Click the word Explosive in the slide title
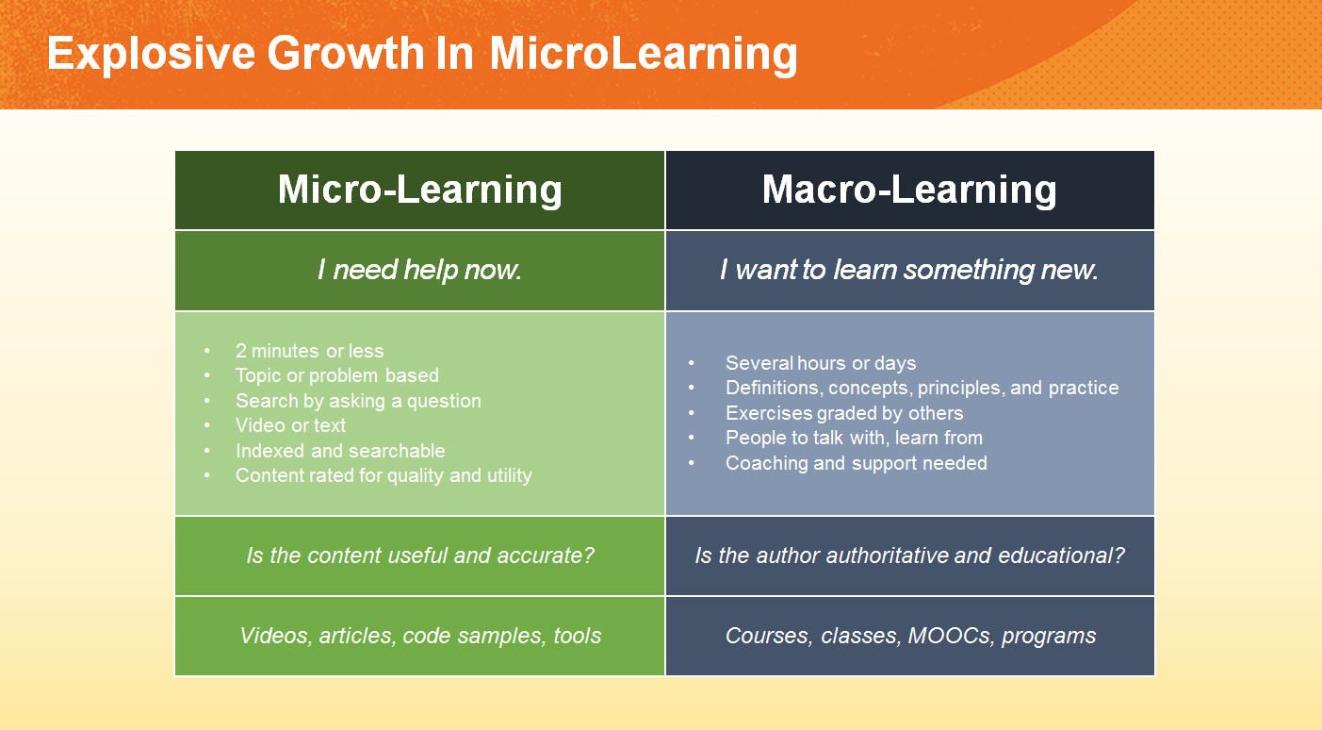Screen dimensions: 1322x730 pos(151,55)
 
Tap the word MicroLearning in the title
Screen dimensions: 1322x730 pos(644,55)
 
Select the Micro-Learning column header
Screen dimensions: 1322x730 pos(419,191)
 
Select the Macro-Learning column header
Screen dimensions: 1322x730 pos(909,191)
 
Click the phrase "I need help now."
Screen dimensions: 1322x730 pos(419,270)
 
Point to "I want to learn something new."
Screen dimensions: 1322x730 pos(909,270)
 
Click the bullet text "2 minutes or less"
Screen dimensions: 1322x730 pos(309,351)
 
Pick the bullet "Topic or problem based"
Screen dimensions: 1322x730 pos(337,375)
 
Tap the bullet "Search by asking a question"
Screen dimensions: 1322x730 pos(358,401)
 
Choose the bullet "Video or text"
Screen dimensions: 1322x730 pos(290,425)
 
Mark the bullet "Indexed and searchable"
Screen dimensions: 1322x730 pos(340,451)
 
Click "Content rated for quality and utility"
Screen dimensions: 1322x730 pos(384,475)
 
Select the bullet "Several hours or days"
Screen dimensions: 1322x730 pos(821,362)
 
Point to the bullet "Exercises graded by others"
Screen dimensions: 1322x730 pos(844,413)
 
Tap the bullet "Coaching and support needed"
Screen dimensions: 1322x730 pos(857,463)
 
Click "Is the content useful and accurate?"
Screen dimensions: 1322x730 pos(419,556)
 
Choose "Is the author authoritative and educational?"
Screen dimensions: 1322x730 pos(909,556)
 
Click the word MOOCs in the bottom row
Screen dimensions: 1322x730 pos(950,636)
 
